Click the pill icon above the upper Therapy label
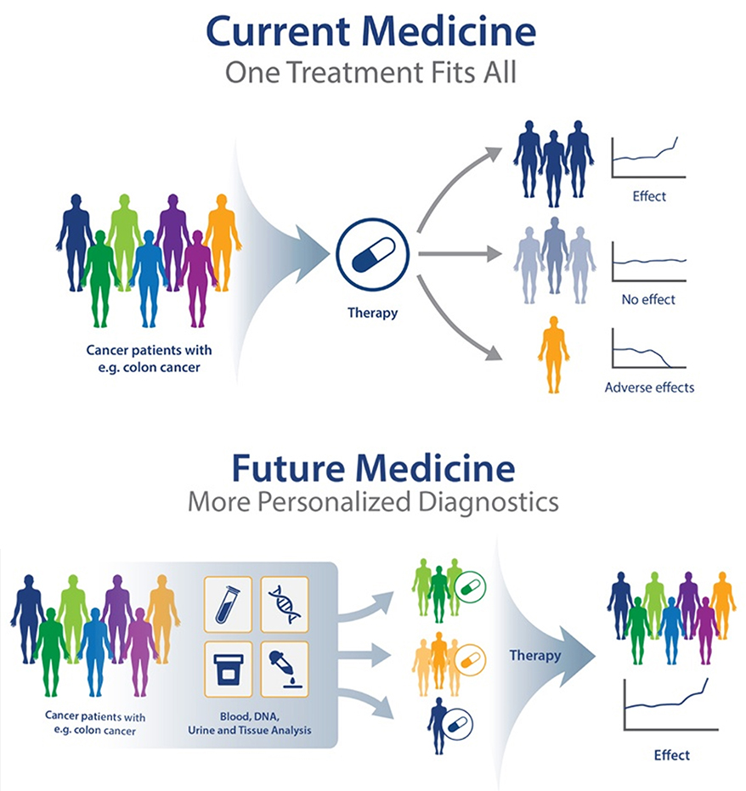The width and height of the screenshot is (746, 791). pos(373,255)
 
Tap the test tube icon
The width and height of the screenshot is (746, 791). pos(228,604)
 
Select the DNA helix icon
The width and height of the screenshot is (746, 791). pos(285,604)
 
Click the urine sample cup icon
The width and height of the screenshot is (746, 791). pos(228,670)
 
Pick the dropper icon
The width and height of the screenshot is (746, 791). pos(285,670)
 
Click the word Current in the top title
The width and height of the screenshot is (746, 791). pos(279,31)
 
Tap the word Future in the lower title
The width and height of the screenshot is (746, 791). pos(288,469)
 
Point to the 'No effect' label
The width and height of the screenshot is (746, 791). pos(648,300)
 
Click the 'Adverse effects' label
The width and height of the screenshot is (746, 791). pos(650,387)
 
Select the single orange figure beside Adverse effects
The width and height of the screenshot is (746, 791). pos(554,354)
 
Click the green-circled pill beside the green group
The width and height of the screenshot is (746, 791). pos(470,587)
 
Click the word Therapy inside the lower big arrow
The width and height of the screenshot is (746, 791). pos(535,655)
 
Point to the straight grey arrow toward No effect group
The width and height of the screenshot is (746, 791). pos(460,254)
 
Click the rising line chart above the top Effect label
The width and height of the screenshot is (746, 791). pos(648,157)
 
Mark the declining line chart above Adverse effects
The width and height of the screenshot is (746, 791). pos(649,348)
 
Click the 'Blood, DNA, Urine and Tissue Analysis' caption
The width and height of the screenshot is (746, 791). pos(249,723)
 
